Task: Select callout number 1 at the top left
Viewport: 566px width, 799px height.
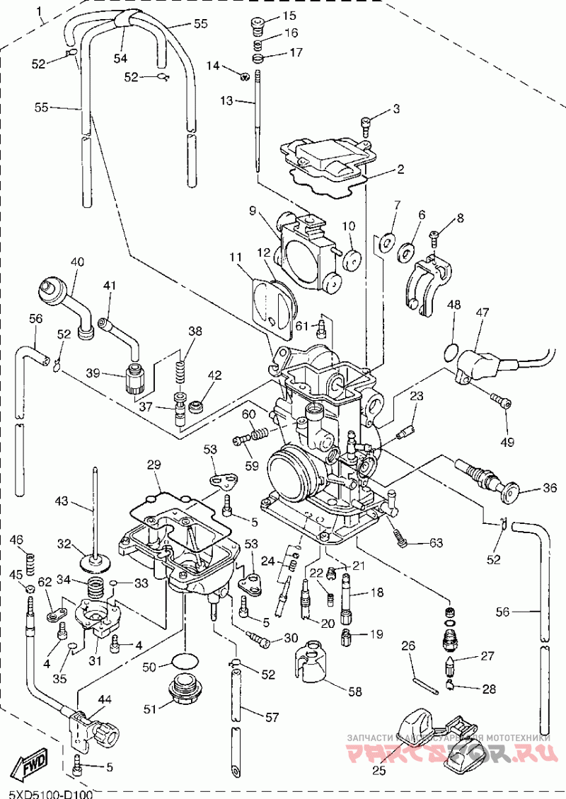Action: [x=39, y=11]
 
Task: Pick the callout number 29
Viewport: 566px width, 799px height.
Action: [x=154, y=465]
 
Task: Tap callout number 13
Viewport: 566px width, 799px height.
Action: [x=226, y=101]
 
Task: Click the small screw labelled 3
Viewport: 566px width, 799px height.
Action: [x=366, y=128]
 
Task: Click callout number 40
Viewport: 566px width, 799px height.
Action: [x=77, y=262]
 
